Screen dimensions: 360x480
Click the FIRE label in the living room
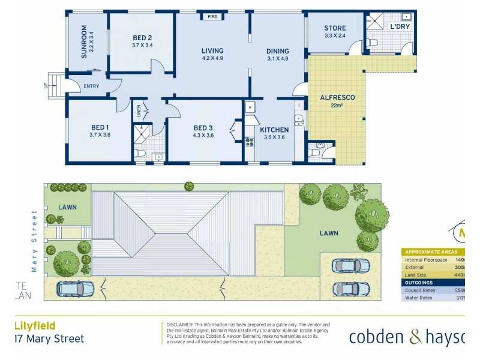212,17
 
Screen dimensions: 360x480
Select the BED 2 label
142,37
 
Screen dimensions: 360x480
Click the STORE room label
335,28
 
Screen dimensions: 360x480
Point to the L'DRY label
400,27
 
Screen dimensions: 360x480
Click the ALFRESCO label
337,97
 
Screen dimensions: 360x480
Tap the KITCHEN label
274,130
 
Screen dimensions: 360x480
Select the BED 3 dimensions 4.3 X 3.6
204,136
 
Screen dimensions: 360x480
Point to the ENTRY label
92,86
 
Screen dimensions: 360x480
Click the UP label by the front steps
45,85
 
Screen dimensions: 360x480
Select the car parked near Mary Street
76,289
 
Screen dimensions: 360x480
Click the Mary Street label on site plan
34,241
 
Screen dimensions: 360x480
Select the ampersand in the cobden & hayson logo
416,337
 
